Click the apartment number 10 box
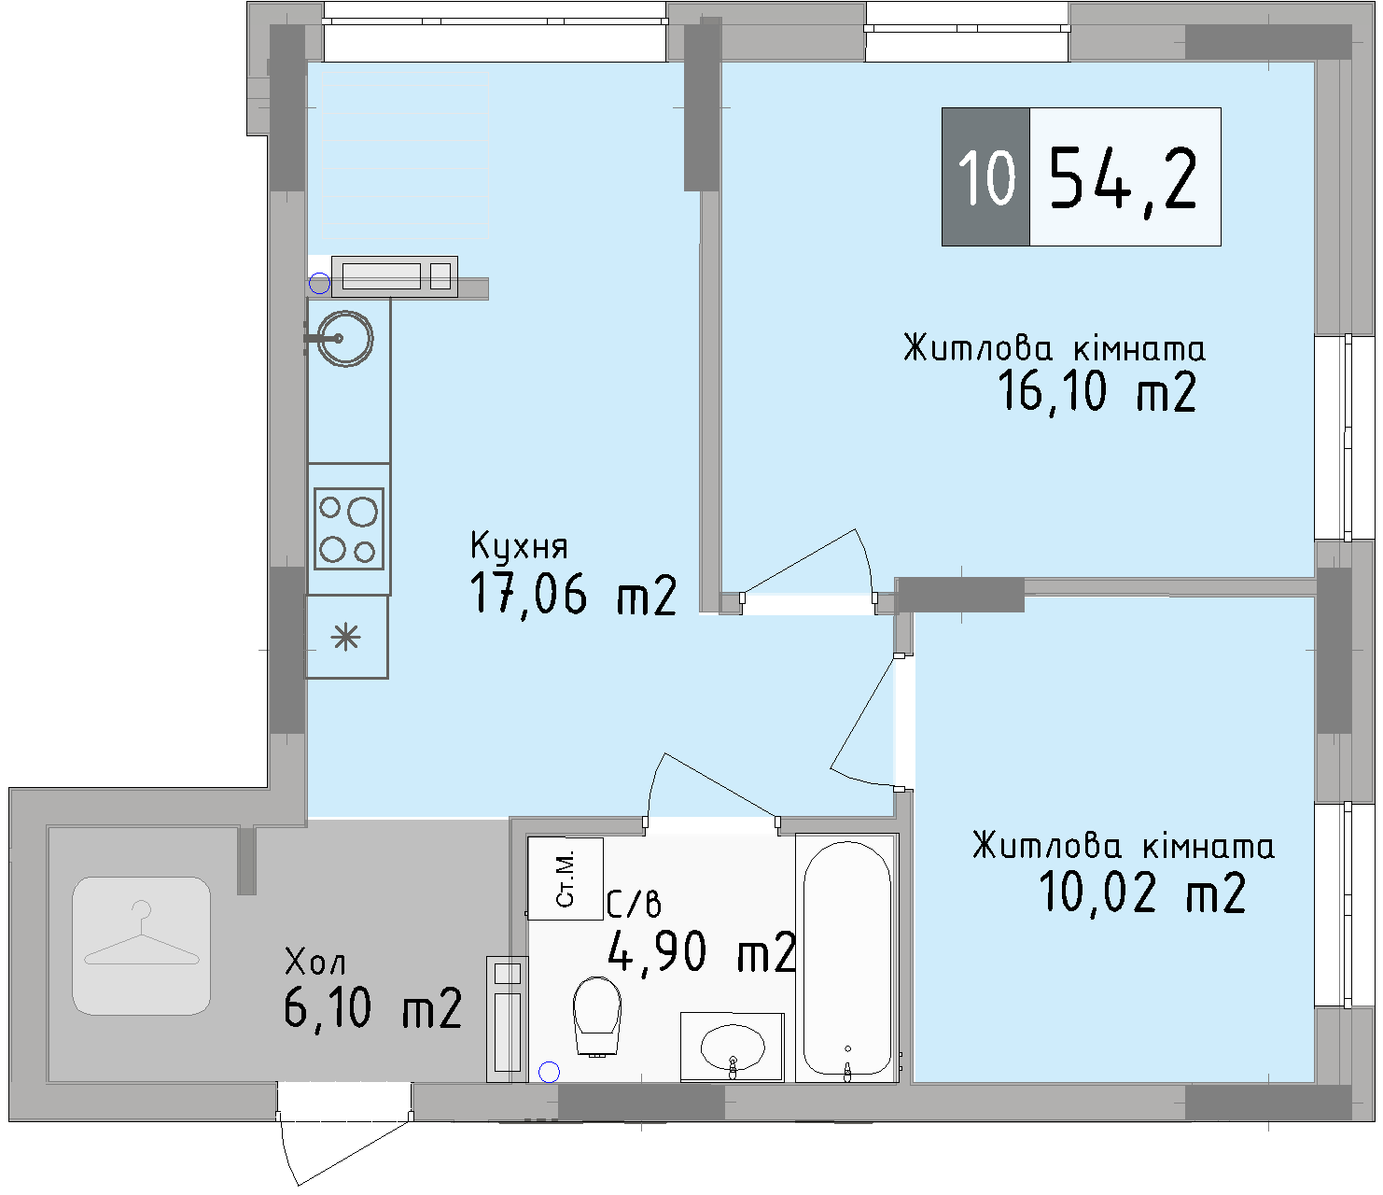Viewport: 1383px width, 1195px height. [985, 176]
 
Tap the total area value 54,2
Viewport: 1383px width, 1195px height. [1124, 177]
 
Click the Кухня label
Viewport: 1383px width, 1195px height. [518, 545]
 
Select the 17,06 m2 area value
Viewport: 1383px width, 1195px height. [572, 594]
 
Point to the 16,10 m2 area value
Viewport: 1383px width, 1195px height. [1097, 391]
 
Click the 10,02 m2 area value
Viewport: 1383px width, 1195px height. [1141, 892]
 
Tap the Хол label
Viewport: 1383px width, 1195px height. [314, 961]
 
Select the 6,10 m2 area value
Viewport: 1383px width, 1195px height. [372, 1008]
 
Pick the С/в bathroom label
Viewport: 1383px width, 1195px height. [634, 904]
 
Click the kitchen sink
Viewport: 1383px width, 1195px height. [344, 338]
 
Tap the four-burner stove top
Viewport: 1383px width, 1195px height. [348, 528]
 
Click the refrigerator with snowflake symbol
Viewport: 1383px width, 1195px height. [347, 638]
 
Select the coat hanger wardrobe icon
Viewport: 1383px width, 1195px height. [142, 945]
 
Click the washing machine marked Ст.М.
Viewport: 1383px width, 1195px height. [566, 879]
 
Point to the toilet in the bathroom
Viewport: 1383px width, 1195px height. [596, 1016]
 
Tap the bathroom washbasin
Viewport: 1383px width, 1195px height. [732, 1047]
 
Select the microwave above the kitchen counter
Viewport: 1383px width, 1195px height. [394, 276]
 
